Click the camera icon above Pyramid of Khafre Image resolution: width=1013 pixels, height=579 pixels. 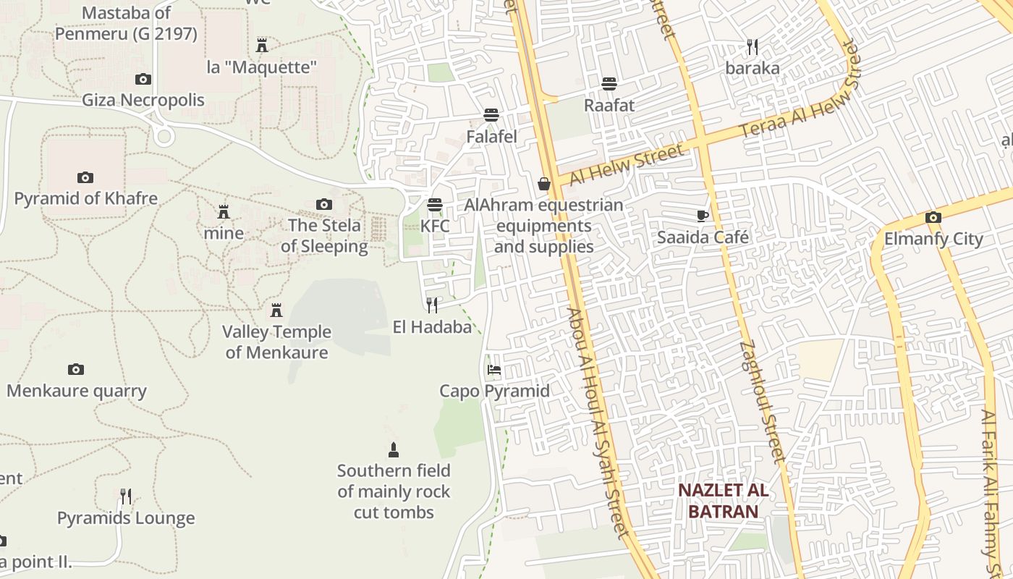click(85, 177)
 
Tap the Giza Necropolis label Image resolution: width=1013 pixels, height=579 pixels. click(143, 100)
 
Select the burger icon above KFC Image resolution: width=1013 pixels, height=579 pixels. click(435, 205)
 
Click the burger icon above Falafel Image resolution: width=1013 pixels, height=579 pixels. click(492, 114)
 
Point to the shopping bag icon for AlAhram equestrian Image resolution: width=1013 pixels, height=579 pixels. click(544, 185)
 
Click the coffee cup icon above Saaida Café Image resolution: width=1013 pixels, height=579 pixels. click(702, 216)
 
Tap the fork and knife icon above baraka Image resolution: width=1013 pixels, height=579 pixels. click(753, 48)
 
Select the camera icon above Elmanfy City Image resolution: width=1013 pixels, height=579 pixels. click(933, 217)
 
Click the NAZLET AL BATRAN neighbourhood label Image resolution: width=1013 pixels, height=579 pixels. click(723, 501)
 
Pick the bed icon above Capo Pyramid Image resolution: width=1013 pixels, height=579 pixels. click(494, 370)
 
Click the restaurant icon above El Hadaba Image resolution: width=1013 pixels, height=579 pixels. click(432, 305)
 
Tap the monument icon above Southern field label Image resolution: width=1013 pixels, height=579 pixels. click(394, 450)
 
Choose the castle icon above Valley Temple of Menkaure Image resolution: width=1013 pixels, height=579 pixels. click(276, 310)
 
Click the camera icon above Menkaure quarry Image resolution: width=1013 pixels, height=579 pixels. click(76, 370)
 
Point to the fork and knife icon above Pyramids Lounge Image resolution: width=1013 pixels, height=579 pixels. click(126, 496)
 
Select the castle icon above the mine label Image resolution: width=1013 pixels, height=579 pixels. click(224, 212)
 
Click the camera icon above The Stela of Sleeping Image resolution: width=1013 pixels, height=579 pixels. click(324, 205)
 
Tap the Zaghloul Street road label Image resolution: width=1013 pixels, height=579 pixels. click(763, 402)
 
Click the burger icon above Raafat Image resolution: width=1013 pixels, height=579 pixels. click(609, 84)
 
